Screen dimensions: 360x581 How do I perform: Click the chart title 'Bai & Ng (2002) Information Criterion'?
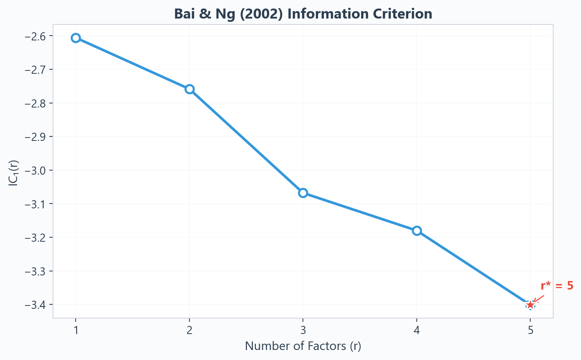pos(303,14)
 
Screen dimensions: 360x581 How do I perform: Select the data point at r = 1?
pos(76,38)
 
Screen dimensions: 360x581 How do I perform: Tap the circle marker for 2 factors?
pos(189,89)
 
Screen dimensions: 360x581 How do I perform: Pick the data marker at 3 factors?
pos(303,193)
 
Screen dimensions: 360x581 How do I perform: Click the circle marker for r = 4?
pos(417,231)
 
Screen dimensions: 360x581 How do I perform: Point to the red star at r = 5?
pos(530,305)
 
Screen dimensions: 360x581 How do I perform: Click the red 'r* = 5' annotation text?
pos(557,286)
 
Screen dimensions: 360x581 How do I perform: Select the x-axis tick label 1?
pos(76,330)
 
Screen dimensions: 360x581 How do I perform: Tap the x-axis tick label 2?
pos(189,330)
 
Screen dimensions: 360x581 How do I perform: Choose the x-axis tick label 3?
pos(303,330)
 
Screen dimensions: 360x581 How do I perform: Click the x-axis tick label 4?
pos(417,330)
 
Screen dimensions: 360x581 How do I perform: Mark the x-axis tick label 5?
pos(531,330)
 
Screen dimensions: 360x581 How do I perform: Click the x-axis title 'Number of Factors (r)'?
pos(303,346)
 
